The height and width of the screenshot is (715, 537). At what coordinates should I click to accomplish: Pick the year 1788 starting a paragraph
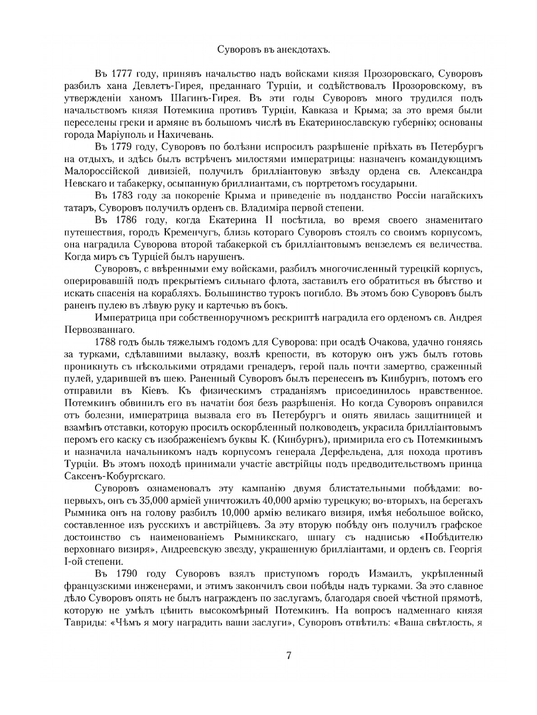(x=107, y=342)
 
